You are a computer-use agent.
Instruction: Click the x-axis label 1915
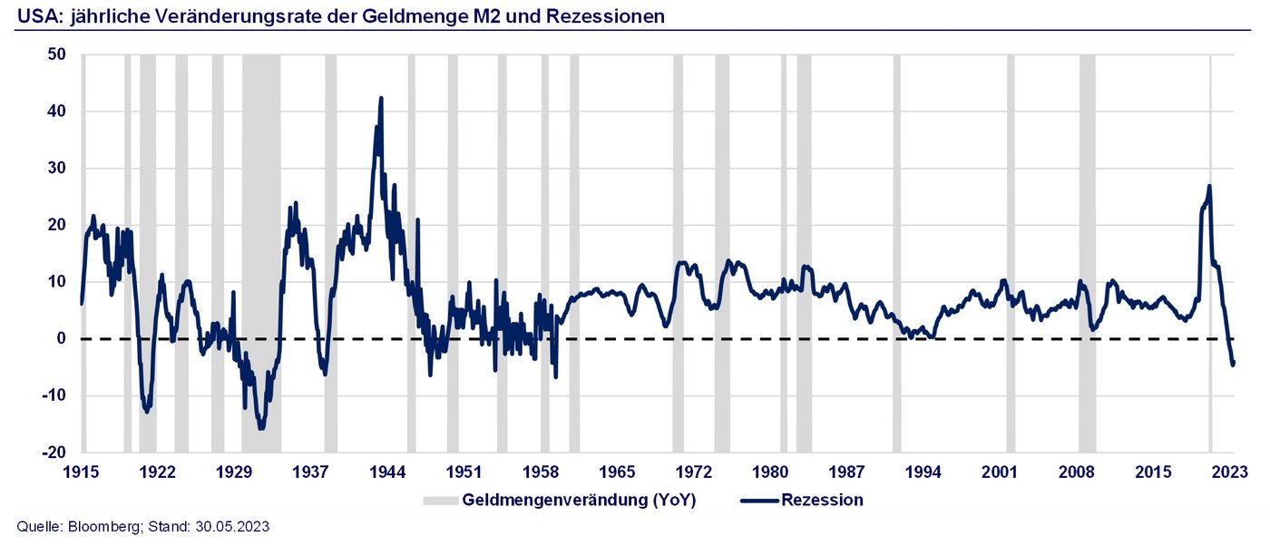82,472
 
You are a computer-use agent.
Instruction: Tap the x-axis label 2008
1076,472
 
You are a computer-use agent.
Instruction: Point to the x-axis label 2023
1229,472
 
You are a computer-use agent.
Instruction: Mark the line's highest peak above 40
381,98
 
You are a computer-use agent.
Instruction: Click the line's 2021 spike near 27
1209,187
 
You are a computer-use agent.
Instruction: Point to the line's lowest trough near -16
261,428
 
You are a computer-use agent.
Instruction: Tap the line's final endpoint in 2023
1234,364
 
